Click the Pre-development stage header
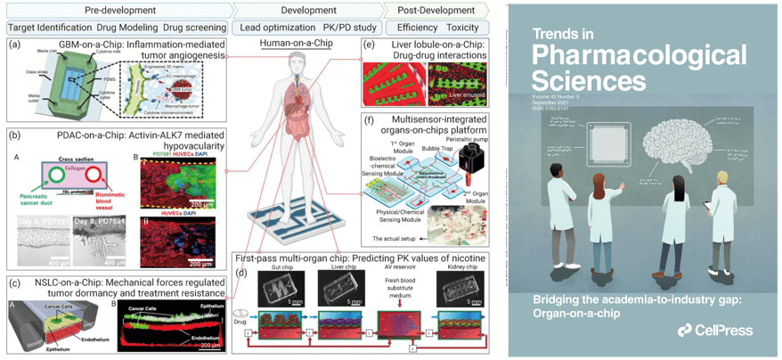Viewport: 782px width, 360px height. click(115, 11)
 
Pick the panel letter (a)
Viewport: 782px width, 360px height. click(14, 45)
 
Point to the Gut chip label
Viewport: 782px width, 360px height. click(279, 265)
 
